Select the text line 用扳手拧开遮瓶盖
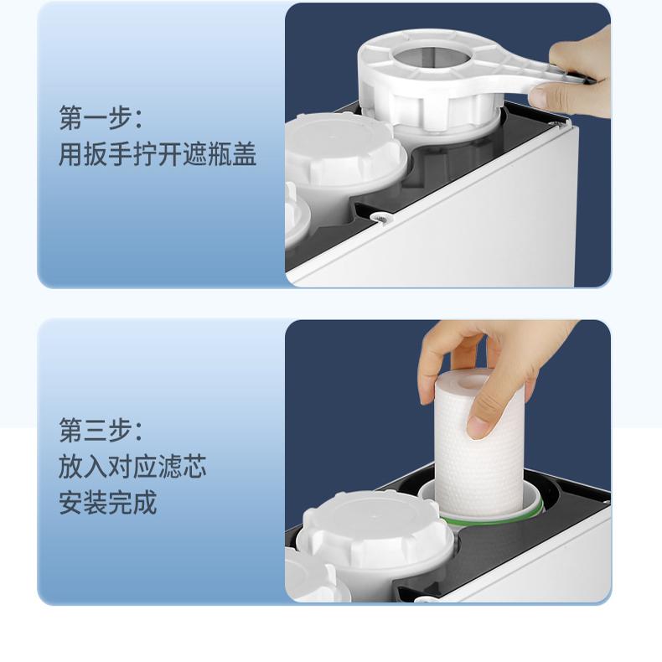pos(157,155)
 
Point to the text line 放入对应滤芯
pos(132,468)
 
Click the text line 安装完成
pos(107,504)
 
